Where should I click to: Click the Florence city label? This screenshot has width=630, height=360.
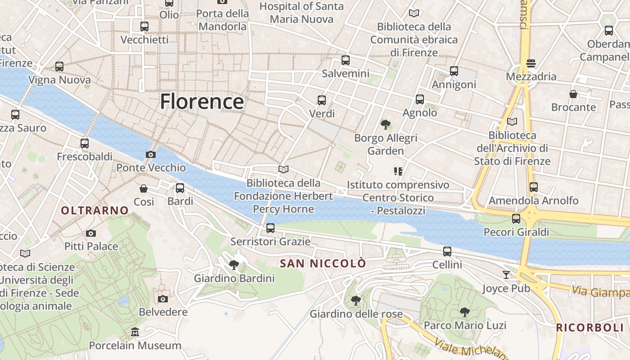[202, 101]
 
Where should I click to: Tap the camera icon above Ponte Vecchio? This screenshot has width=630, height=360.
[151, 155]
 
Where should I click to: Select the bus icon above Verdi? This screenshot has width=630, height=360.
[321, 100]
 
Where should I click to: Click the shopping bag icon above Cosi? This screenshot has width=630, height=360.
[144, 188]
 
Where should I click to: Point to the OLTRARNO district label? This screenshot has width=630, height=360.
[94, 210]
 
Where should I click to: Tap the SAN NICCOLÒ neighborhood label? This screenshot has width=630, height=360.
[323, 264]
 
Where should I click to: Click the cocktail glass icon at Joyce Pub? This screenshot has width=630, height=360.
[506, 274]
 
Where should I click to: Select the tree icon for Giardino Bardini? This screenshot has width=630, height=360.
[234, 265]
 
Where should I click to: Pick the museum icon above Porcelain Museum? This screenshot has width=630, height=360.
[135, 332]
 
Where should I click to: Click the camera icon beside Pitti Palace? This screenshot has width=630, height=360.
[91, 233]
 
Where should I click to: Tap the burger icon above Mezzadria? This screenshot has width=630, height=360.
[531, 63]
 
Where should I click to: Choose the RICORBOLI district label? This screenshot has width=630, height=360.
[589, 328]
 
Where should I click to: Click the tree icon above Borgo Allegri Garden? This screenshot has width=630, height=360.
[385, 124]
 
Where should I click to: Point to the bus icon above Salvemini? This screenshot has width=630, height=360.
[345, 60]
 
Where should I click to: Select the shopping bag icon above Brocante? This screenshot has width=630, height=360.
[573, 94]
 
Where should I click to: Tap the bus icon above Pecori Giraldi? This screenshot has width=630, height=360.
[516, 219]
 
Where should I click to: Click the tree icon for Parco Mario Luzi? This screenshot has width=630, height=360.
[465, 311]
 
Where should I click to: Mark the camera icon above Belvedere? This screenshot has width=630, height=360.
[163, 299]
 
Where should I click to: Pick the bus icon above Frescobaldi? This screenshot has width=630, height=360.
[85, 144]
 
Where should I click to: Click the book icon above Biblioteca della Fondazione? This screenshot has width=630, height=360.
[283, 170]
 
